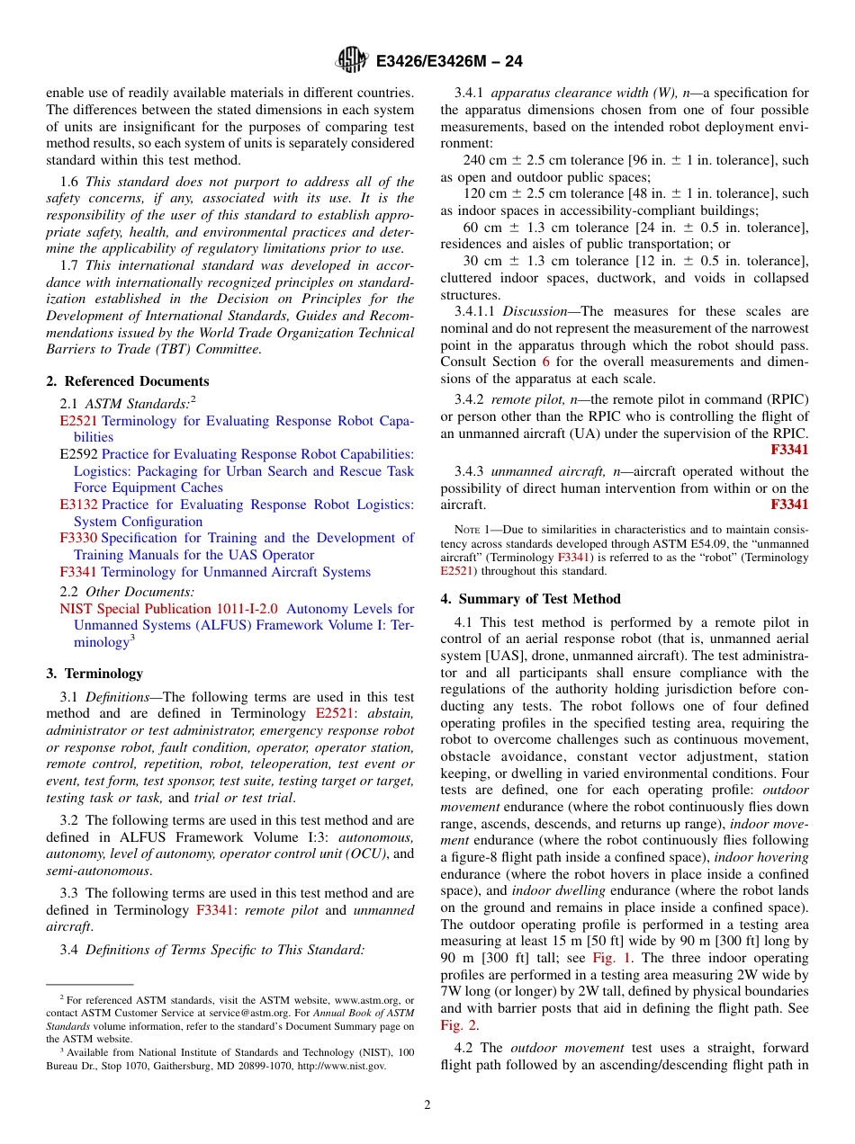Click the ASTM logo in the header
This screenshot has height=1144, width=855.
pos(351,60)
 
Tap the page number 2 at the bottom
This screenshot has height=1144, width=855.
pos(427,1105)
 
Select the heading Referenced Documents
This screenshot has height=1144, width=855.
pos(136,381)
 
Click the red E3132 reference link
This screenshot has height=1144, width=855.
pos(78,505)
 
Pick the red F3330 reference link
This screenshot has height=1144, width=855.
pos(78,539)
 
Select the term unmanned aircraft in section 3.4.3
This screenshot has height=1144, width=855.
pos(543,471)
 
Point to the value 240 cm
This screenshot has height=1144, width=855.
pos(482,160)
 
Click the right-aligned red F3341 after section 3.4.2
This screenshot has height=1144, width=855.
pos(789,450)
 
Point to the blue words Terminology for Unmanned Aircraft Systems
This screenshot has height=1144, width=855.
pos(236,572)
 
